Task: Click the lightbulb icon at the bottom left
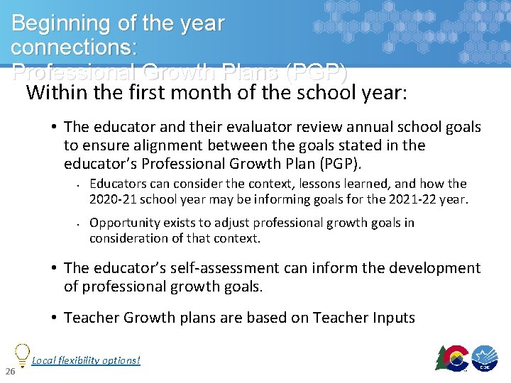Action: coord(21,354)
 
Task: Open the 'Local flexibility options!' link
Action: coord(86,360)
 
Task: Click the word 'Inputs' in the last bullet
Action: coord(392,317)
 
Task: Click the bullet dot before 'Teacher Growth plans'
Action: coord(54,318)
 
